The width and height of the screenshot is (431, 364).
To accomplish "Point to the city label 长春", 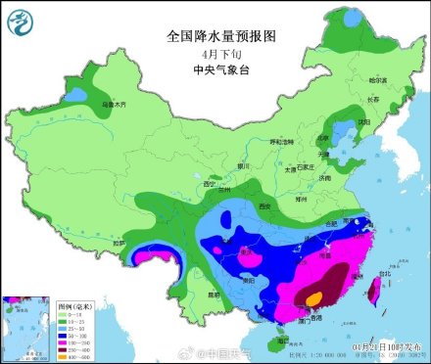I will click(372, 99).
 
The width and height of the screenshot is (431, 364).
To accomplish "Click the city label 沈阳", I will click(363, 121).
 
